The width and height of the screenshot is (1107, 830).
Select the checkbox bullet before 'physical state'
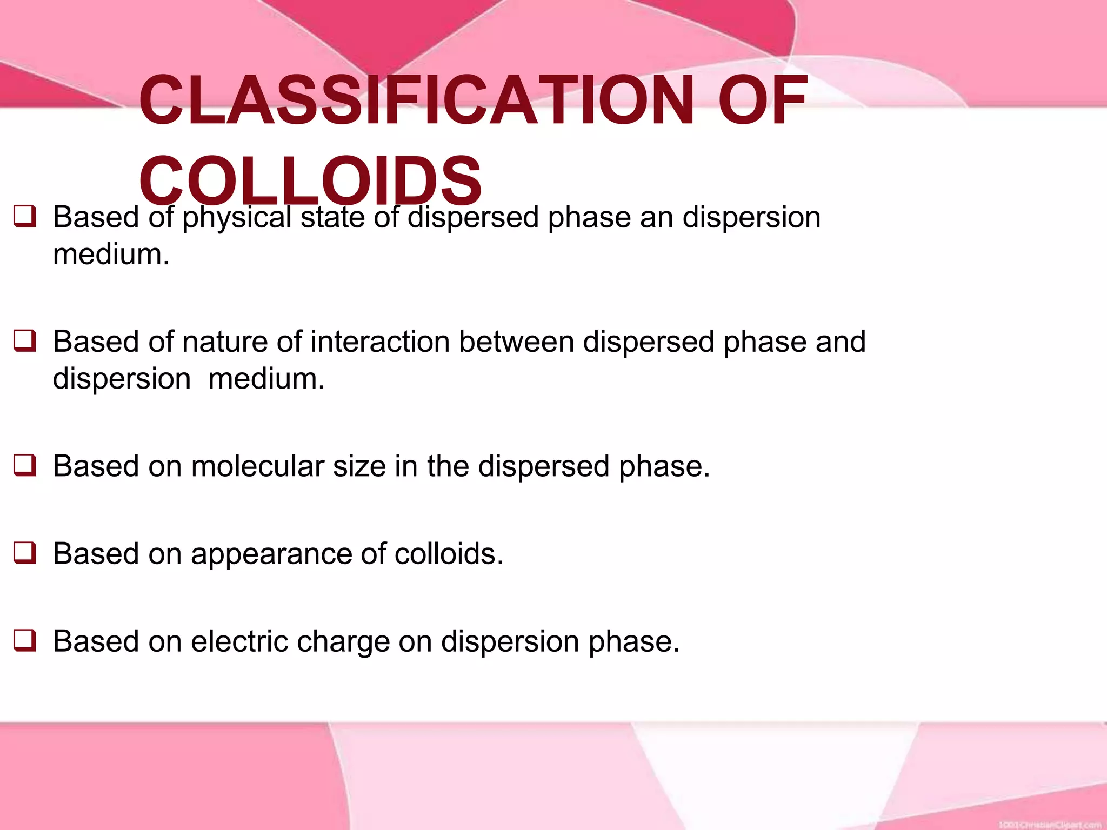coord(25,217)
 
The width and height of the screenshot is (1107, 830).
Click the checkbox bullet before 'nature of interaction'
coord(25,342)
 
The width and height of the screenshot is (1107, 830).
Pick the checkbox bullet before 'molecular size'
coord(25,466)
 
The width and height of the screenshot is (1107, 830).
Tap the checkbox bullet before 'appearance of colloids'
coord(25,553)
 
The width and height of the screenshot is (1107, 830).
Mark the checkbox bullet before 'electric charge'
coord(25,641)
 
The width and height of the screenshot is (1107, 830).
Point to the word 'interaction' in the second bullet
coord(380,342)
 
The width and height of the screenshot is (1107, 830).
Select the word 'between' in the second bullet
coord(516,342)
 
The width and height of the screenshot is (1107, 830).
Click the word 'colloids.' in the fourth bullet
coord(449,554)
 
